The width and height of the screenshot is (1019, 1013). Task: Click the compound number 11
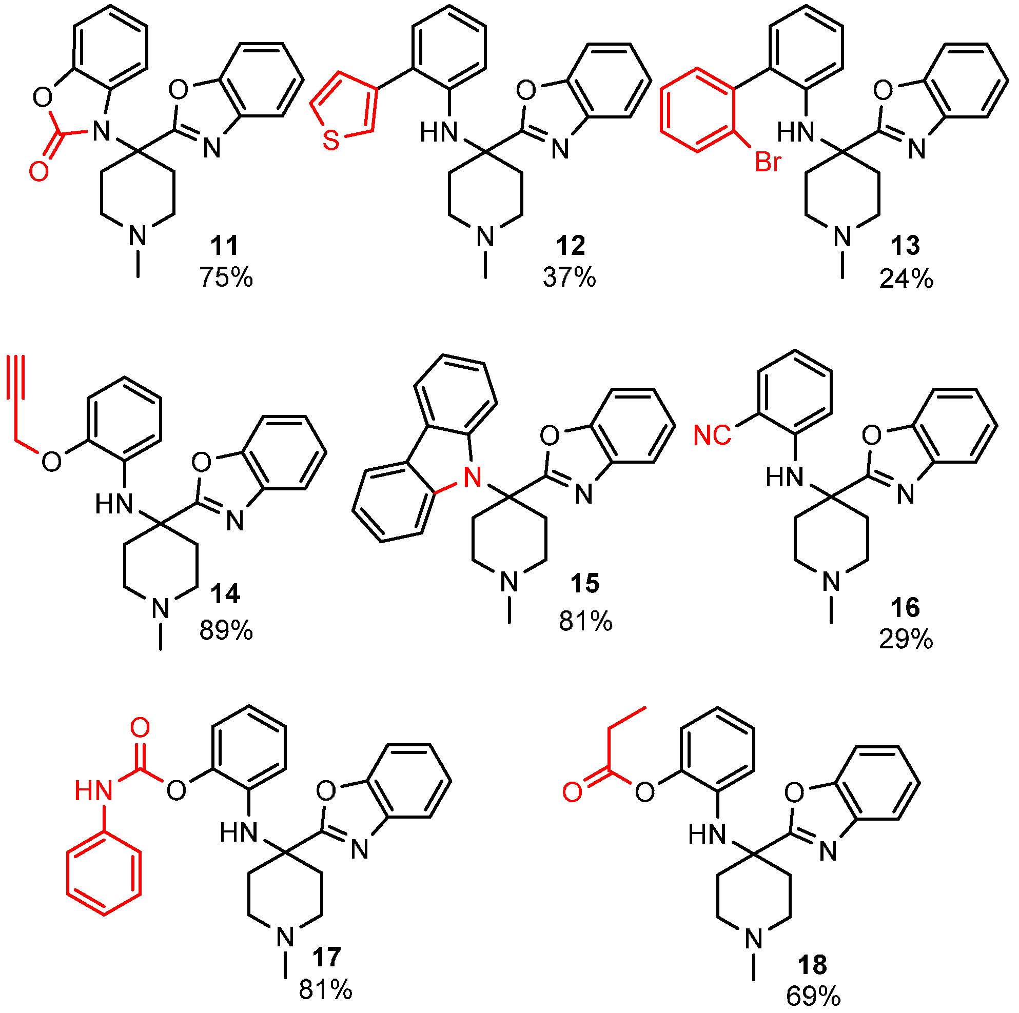224,245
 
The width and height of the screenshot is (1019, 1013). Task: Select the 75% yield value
226,277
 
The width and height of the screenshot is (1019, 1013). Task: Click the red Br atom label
768,162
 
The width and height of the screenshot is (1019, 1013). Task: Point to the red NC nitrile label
712,435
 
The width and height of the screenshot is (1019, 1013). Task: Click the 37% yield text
570,277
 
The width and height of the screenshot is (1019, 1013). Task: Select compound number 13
906,245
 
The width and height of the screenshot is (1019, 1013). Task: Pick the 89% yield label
226,630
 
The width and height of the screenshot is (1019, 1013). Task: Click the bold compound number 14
225,594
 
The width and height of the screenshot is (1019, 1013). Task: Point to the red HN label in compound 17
93,790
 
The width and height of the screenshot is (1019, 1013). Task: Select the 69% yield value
813,996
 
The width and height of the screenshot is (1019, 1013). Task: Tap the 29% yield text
906,640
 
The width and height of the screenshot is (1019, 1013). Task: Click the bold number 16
906,607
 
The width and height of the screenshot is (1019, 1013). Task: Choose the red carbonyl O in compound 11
39,171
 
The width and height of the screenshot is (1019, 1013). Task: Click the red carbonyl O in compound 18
572,791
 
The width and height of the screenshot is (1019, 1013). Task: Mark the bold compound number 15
585,583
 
